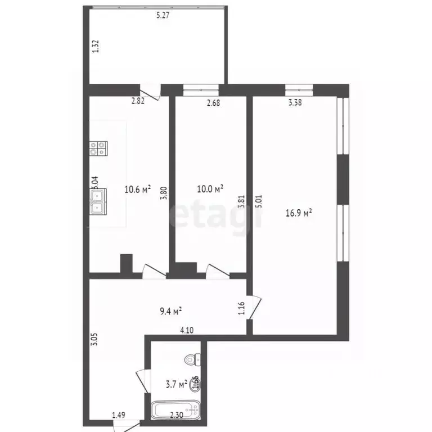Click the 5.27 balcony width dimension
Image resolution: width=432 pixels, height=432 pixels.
(163, 16)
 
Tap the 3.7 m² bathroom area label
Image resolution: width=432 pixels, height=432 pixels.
(176, 385)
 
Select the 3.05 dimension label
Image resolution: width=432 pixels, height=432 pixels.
(95, 340)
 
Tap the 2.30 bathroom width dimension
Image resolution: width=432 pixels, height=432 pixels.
(177, 416)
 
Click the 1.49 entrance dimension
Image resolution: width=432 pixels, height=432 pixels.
(118, 416)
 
